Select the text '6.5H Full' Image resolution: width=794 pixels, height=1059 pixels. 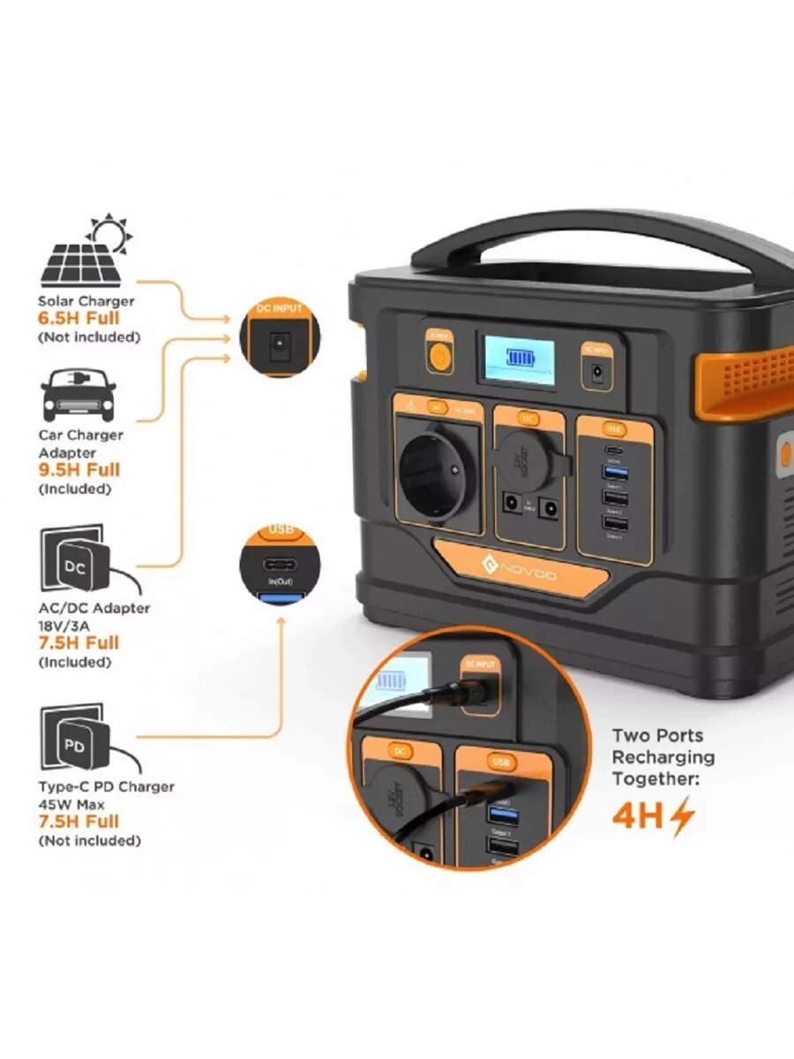pos(78,319)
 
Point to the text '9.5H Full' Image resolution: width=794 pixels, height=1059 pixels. pos(79,470)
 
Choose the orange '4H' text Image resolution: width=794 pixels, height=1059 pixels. pos(637,816)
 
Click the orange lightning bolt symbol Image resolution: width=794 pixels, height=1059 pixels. pos(682,817)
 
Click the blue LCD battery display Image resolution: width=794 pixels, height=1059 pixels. pos(516,358)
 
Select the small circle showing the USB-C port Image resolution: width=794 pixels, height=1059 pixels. pos(278,566)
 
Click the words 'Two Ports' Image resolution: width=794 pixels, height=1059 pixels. pos(656,735)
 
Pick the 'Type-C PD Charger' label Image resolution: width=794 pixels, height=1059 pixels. pos(106,786)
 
